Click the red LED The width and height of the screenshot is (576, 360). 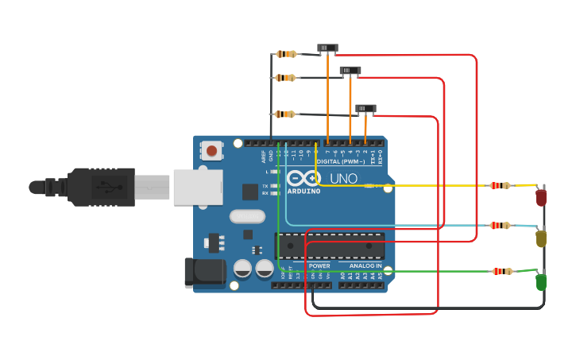(541, 197)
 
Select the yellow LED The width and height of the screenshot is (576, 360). (541, 238)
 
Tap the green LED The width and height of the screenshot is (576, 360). (541, 282)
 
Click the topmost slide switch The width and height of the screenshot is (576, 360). (327, 48)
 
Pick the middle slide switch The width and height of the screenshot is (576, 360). (350, 71)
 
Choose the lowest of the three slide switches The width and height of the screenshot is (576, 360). (365, 108)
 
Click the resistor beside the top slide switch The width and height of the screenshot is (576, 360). (286, 54)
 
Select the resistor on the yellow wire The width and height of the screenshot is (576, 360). (500, 186)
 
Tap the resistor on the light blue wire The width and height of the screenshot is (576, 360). (500, 226)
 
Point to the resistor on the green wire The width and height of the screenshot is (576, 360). (502, 271)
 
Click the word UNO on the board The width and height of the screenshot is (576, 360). (343, 179)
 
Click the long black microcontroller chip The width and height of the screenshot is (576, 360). (330, 246)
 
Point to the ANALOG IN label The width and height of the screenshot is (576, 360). (361, 265)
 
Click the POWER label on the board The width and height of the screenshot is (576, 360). (319, 265)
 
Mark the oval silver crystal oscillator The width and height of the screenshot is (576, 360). (247, 215)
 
